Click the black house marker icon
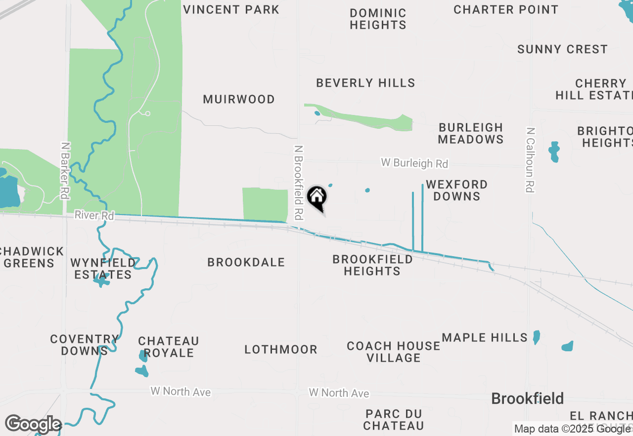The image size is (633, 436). tap(317, 198)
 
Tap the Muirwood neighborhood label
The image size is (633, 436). tap(239, 99)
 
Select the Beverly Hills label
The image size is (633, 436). tap(365, 83)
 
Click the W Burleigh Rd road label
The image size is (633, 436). tap(414, 163)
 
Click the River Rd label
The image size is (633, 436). tap(94, 216)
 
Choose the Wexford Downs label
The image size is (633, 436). tap(456, 190)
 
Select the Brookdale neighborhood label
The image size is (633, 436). tap(246, 262)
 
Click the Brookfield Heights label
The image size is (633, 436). tap(372, 265)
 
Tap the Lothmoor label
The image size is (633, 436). tap(281, 350)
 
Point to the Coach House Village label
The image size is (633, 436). tap(394, 351)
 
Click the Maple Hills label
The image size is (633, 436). tap(485, 338)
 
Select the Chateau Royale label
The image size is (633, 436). tap(169, 347)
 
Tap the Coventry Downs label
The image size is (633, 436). tap(85, 345)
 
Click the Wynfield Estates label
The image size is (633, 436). tap(103, 268)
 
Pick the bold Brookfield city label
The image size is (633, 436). tap(528, 398)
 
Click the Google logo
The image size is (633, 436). tap(33, 424)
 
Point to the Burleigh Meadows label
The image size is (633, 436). tap(471, 133)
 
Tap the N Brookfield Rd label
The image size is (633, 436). tap(298, 182)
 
